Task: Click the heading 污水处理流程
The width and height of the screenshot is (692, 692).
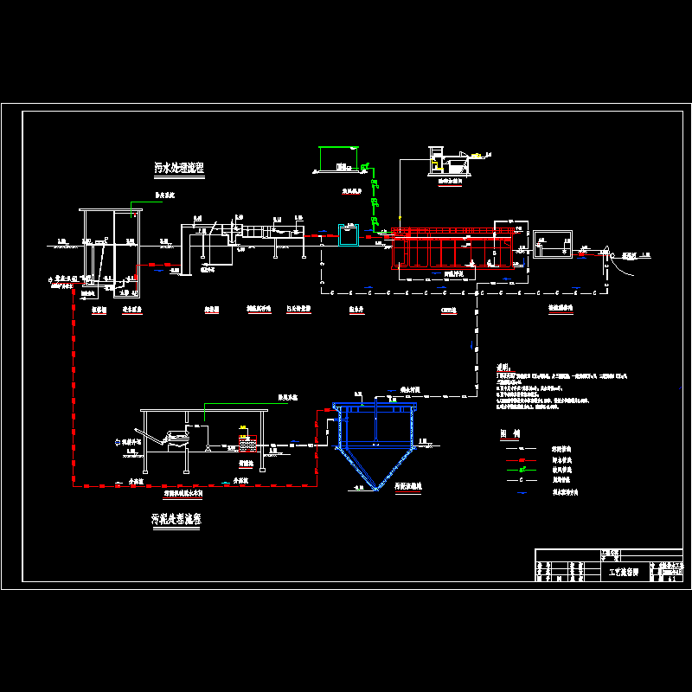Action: pos(179,169)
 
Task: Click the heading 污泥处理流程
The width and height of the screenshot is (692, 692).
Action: pos(176,520)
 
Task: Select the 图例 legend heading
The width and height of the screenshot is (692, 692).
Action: pos(509,433)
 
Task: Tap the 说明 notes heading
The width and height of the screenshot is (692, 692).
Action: pos(506,368)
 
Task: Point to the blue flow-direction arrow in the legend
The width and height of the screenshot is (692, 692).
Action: pos(522,503)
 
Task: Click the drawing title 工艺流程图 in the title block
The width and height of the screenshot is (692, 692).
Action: pos(624,573)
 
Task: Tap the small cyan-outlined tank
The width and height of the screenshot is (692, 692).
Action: pos(348,234)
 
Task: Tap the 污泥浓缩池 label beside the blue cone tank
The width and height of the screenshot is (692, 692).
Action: pos(407,487)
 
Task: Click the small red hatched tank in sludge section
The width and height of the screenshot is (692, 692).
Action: pos(247,445)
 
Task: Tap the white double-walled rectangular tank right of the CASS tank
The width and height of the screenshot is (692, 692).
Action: pos(551,244)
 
